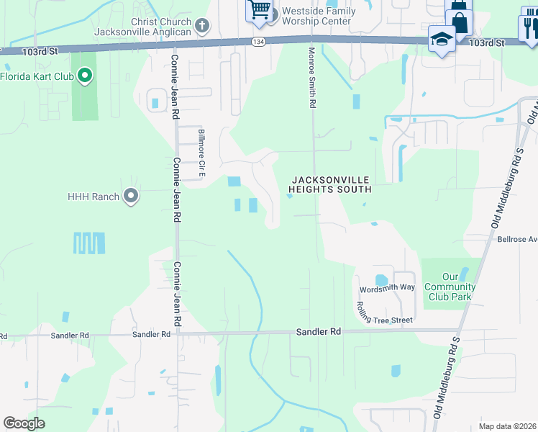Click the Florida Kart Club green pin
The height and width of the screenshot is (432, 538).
point(85,76)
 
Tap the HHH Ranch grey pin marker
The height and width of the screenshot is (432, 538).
point(131,196)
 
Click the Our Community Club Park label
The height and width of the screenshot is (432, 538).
point(450,287)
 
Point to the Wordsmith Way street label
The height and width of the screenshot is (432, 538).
point(388,288)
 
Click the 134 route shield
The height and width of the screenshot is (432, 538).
point(258,42)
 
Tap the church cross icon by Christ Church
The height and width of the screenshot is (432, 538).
point(203,27)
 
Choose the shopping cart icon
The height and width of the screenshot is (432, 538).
point(260,11)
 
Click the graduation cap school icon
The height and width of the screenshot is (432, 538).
point(441,38)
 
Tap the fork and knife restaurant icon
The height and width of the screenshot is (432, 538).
point(530,27)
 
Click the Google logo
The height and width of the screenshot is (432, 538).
point(24,423)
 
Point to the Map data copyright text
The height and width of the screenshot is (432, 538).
point(507,426)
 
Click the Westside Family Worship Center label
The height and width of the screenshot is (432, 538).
point(319,16)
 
